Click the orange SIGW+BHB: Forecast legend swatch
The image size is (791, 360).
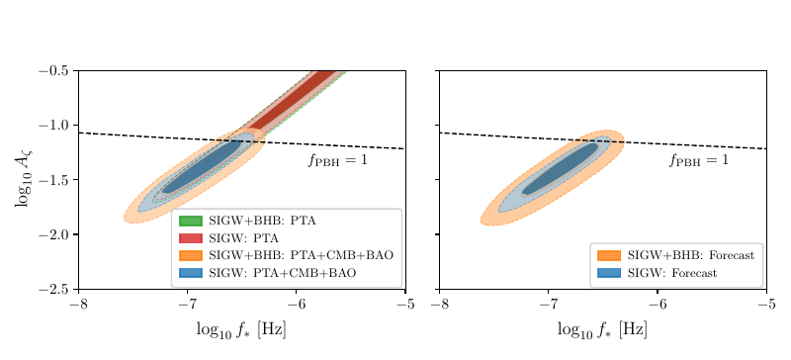(608, 255)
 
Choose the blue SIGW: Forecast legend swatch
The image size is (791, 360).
(608, 272)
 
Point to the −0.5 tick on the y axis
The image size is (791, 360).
(54, 71)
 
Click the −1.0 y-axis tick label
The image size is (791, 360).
(54, 126)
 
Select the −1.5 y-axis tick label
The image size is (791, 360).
(54, 180)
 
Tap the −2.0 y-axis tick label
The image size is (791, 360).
(54, 234)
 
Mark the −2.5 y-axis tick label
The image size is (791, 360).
(54, 290)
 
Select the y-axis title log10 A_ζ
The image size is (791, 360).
(22, 180)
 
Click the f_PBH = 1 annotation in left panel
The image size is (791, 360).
(338, 159)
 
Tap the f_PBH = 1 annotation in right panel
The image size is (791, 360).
(699, 159)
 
